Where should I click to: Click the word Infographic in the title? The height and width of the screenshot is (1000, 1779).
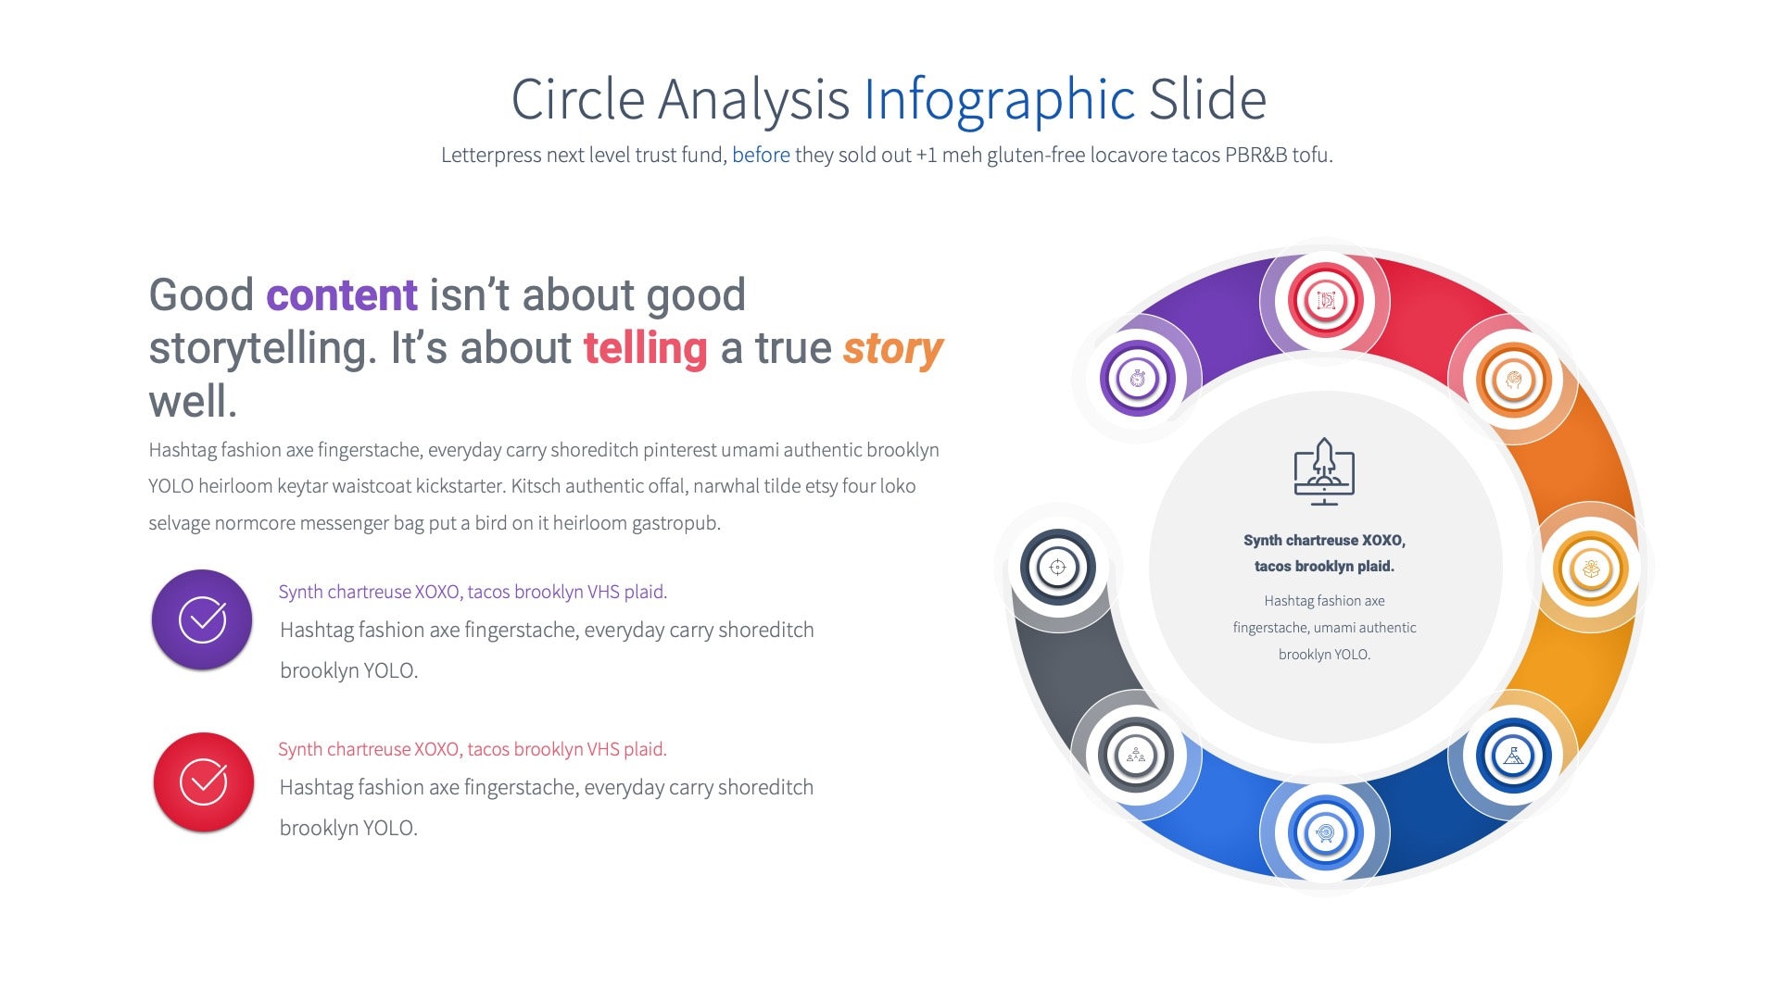[x=999, y=100]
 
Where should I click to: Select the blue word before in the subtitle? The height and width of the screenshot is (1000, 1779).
[x=761, y=155]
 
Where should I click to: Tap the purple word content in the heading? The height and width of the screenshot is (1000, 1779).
[x=341, y=295]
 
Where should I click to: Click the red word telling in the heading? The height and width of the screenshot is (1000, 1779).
[x=645, y=349]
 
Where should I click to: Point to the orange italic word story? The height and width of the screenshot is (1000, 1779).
[x=892, y=349]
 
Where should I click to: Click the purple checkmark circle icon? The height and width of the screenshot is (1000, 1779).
[x=202, y=619]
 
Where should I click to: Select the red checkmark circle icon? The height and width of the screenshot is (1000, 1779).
[x=203, y=782]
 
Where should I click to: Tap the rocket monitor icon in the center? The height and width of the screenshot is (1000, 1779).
[x=1324, y=471]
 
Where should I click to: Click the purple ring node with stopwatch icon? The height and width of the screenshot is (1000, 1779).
[x=1138, y=379]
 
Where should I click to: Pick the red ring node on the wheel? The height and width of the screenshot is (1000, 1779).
[x=1325, y=301]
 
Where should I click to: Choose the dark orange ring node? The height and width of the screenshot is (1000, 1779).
[x=1513, y=380]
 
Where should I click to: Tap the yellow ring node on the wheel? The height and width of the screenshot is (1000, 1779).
[x=1591, y=568]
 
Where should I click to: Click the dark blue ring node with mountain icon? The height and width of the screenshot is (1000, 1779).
[x=1513, y=756]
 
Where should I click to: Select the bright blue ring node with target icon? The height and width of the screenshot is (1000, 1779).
[x=1325, y=833]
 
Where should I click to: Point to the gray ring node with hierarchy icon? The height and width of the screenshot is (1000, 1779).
[x=1136, y=756]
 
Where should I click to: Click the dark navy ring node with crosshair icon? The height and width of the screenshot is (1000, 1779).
[x=1058, y=567]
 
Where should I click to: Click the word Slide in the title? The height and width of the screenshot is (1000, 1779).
[x=1206, y=100]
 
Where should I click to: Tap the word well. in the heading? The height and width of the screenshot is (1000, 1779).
[x=193, y=402]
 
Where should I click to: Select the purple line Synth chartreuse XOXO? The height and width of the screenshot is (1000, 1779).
[x=473, y=592]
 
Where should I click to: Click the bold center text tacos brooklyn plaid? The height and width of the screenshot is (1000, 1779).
[x=1324, y=566]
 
